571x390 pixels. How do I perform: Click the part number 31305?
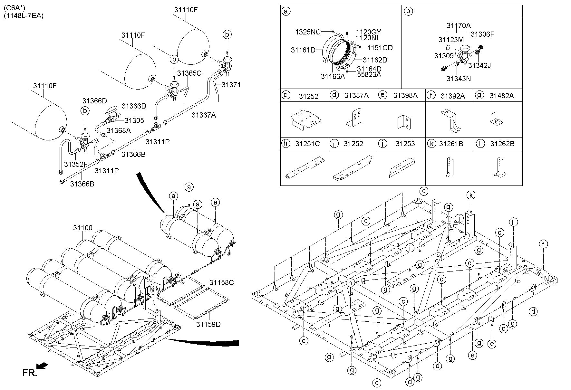(x=134, y=120)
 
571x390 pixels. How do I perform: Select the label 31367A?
(x=204, y=115)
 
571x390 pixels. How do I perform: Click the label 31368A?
(x=119, y=130)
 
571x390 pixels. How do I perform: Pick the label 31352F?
(x=76, y=164)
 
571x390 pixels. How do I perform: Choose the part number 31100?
(x=82, y=228)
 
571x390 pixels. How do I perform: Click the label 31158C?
(x=221, y=283)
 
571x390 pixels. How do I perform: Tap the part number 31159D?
(x=208, y=324)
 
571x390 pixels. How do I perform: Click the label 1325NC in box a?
(x=308, y=32)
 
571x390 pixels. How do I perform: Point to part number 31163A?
(x=333, y=76)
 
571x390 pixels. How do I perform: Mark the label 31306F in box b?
(x=482, y=34)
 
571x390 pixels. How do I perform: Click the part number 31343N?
(x=459, y=78)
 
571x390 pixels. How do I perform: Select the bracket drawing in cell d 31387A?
(x=354, y=119)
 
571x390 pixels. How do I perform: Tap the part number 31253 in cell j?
(x=405, y=144)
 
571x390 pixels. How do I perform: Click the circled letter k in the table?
(x=431, y=144)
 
